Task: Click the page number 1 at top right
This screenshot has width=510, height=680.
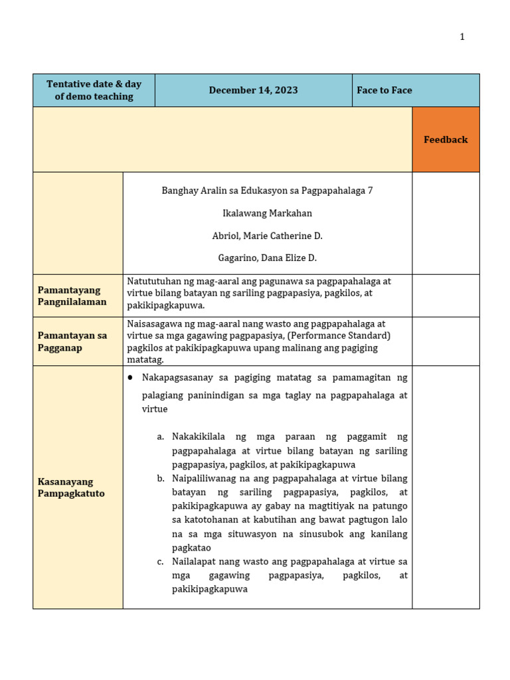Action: (x=462, y=37)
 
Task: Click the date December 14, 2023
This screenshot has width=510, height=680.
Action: (x=253, y=90)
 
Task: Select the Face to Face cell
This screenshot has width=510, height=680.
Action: (x=384, y=90)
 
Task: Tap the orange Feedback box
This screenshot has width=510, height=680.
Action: (x=446, y=139)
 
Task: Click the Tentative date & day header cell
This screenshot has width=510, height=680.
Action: (x=94, y=90)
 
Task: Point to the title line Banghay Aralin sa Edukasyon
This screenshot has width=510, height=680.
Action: (x=267, y=191)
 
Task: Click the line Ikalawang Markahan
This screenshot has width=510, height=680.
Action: (x=267, y=213)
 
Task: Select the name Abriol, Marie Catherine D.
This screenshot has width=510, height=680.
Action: (x=267, y=236)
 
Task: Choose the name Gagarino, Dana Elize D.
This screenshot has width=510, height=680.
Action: (x=267, y=258)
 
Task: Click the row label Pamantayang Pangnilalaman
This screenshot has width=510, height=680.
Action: (x=72, y=296)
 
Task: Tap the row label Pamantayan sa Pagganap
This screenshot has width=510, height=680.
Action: (x=72, y=341)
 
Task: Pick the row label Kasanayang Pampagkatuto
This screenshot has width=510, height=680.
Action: (x=71, y=487)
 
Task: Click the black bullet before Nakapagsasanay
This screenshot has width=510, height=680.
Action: (x=130, y=377)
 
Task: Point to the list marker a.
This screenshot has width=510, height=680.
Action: (x=161, y=437)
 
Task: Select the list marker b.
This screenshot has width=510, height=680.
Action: (x=161, y=479)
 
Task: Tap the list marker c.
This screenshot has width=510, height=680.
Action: (x=161, y=562)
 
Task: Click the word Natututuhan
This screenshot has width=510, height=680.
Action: (x=153, y=281)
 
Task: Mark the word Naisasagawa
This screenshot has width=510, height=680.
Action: (x=153, y=324)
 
